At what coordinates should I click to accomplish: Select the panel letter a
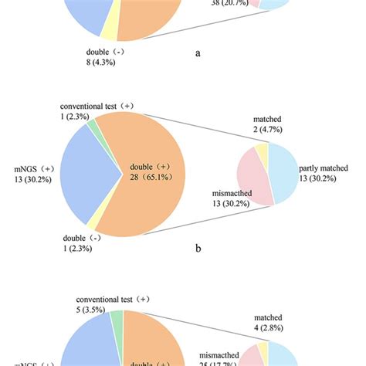[x=199, y=55]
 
